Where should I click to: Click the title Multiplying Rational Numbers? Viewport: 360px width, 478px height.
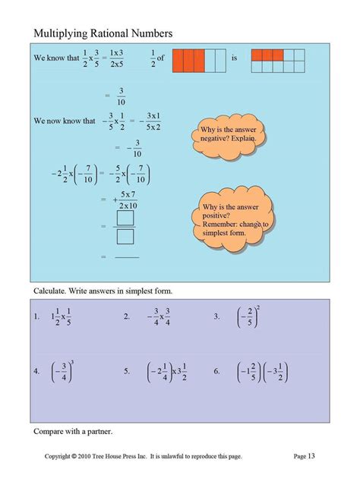click(x=103, y=33)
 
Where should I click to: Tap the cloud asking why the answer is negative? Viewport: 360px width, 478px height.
click(x=227, y=134)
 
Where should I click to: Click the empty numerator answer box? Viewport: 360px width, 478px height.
click(x=126, y=218)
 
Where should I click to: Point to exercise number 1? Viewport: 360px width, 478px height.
click(x=36, y=316)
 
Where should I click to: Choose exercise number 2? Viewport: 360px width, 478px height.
click(x=126, y=316)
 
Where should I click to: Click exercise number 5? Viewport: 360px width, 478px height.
click(x=126, y=372)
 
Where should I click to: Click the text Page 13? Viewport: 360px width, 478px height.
click(x=304, y=456)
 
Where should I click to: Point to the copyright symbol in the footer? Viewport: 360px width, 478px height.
click(x=74, y=456)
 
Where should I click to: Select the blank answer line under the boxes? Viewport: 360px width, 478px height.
click(x=127, y=257)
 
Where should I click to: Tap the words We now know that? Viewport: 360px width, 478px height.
click(x=65, y=121)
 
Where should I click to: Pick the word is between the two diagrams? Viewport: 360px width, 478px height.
click(x=235, y=57)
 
